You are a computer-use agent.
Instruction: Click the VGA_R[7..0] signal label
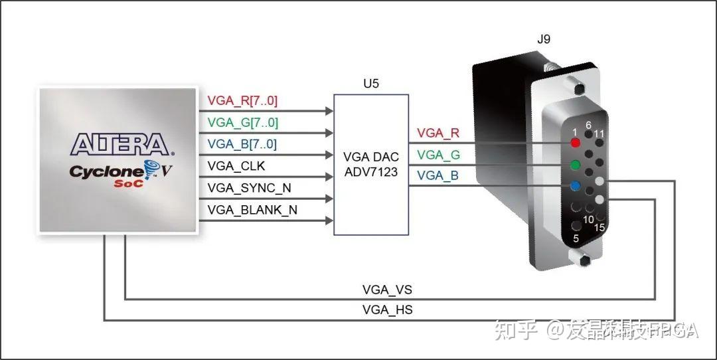click(x=242, y=101)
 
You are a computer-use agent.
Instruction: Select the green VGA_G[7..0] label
click(x=242, y=123)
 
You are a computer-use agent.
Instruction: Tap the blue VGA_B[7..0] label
click(x=242, y=145)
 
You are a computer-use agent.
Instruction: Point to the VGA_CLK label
click(x=236, y=166)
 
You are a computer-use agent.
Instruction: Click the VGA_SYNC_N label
click(x=249, y=188)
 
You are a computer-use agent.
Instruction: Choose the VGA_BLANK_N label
click(x=252, y=210)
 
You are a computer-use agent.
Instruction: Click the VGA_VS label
click(x=387, y=290)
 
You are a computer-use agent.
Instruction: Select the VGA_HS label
click(x=387, y=310)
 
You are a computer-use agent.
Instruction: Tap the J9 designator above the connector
click(x=543, y=39)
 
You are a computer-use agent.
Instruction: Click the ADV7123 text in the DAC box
click(x=370, y=171)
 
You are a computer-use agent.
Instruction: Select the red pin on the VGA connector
click(x=576, y=142)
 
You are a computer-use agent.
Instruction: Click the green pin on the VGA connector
click(x=576, y=165)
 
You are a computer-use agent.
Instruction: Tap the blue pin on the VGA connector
click(x=576, y=187)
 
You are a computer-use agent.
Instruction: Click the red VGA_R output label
click(x=438, y=133)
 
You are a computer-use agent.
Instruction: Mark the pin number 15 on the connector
click(x=599, y=228)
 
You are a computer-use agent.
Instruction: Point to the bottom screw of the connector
click(x=583, y=260)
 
